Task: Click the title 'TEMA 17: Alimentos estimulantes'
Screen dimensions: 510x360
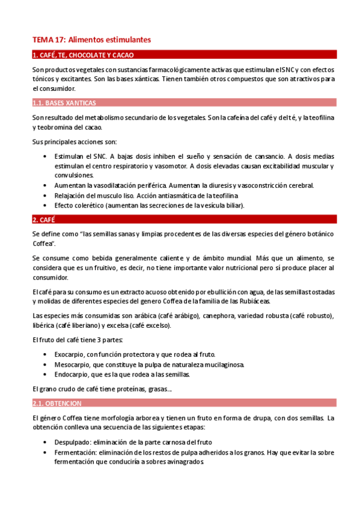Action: coord(91,39)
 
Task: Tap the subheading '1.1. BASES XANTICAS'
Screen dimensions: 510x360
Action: coord(64,102)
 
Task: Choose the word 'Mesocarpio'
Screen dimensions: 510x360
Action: coord(72,364)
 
